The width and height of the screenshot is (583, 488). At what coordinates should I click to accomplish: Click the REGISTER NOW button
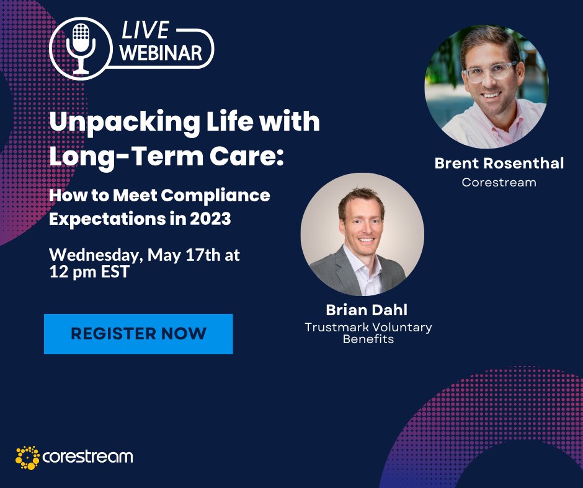pyautogui.click(x=138, y=334)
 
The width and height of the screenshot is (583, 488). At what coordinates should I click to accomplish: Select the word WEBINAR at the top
pyautogui.click(x=161, y=53)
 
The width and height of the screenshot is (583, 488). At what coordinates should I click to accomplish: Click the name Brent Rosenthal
pyautogui.click(x=499, y=163)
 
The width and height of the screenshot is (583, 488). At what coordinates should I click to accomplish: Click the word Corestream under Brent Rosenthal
pyautogui.click(x=499, y=183)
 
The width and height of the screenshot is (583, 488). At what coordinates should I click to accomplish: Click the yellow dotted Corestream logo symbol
pyautogui.click(x=27, y=458)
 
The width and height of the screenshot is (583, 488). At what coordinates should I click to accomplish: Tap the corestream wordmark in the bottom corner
pyautogui.click(x=87, y=458)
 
